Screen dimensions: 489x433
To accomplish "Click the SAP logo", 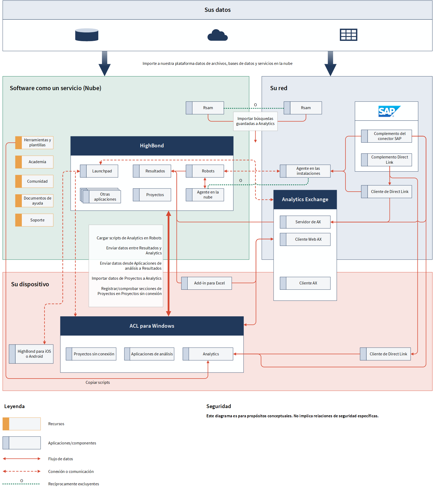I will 389,111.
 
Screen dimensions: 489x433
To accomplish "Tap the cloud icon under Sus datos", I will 217,35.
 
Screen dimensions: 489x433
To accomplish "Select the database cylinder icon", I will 87,35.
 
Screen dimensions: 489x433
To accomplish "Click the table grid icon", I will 348,35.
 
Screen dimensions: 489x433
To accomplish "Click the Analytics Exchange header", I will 305,200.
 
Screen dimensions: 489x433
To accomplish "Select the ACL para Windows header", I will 152,326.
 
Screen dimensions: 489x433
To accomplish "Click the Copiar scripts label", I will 98,383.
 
